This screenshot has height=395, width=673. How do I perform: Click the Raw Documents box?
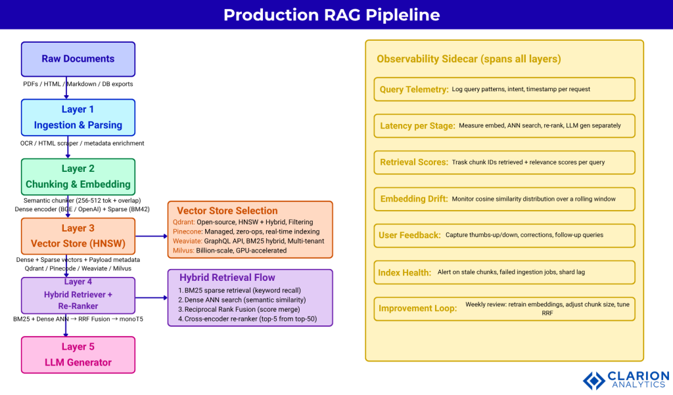point(78,59)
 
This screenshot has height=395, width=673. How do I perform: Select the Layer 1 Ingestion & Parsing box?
point(78,117)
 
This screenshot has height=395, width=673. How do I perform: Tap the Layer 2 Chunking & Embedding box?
point(78,177)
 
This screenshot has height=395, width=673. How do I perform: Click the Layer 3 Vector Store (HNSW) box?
point(78,236)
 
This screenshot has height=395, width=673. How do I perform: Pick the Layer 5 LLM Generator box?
point(78,354)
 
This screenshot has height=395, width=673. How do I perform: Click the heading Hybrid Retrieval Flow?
point(227,278)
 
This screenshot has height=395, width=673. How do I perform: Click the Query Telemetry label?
point(414,89)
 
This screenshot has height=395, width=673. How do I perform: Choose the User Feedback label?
point(410,235)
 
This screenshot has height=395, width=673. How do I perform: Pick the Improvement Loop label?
point(418,308)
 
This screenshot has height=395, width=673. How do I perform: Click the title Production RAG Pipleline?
point(331,14)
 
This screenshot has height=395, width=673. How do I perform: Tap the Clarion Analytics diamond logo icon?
point(594,381)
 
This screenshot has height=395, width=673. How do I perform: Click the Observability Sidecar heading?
point(469,59)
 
